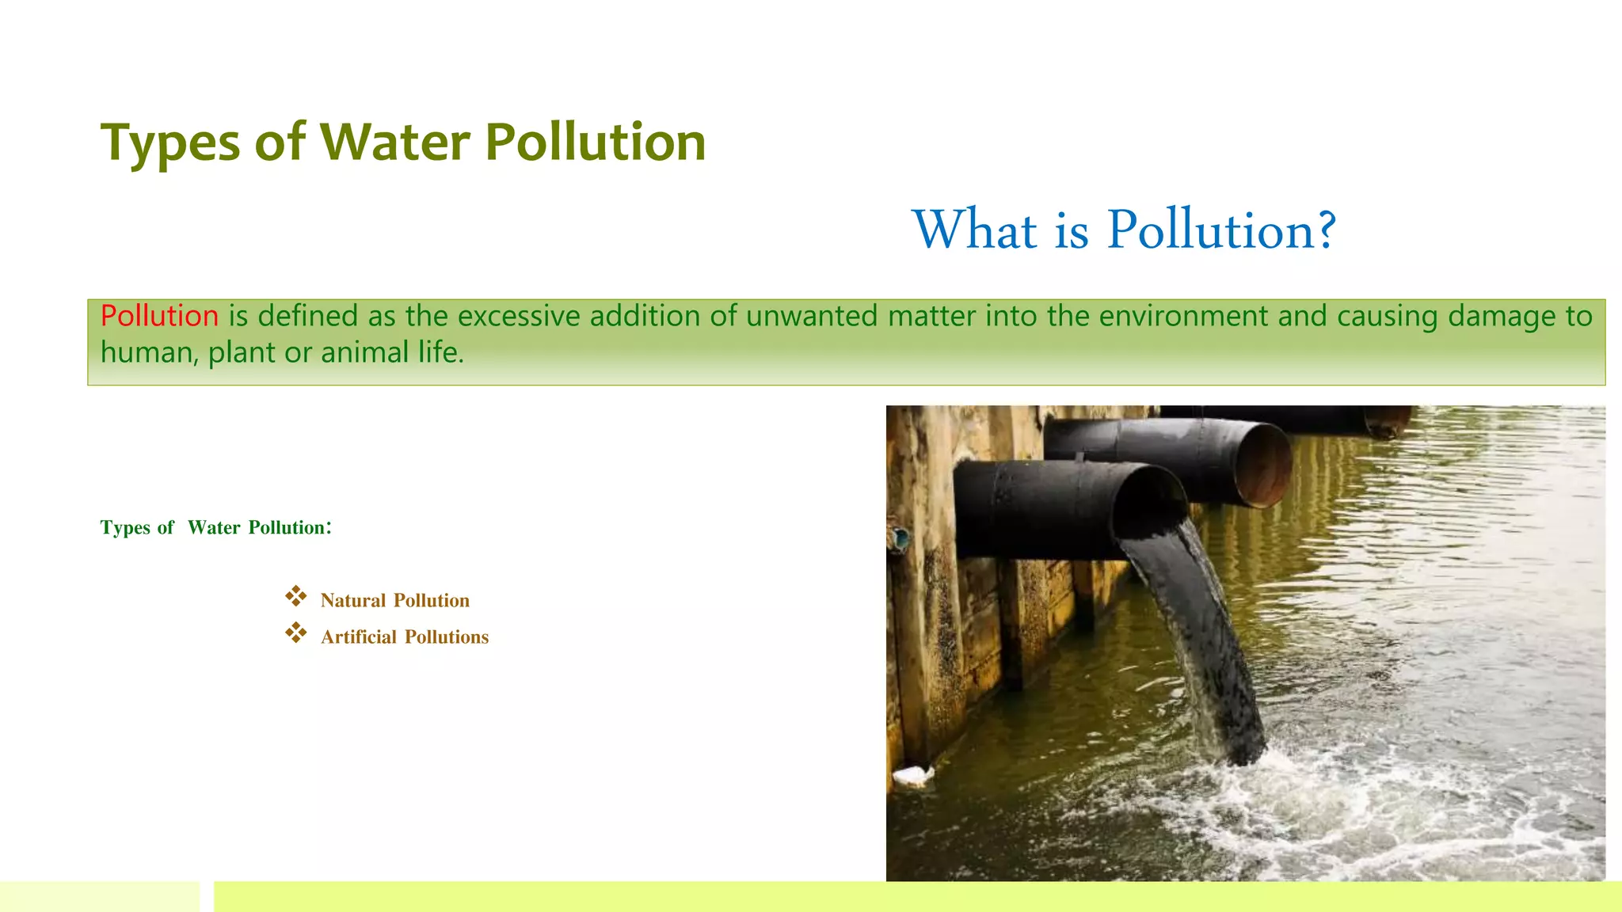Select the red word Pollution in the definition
[159, 316]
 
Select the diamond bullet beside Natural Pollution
[296, 596]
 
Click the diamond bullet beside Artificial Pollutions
[296, 633]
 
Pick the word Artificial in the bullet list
[358, 637]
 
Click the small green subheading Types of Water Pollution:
[215, 528]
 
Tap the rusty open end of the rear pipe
[1265, 465]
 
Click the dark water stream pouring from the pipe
[1204, 633]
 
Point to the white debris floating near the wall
[913, 775]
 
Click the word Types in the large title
[170, 144]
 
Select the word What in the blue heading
[974, 230]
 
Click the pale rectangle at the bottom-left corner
[100, 896]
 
